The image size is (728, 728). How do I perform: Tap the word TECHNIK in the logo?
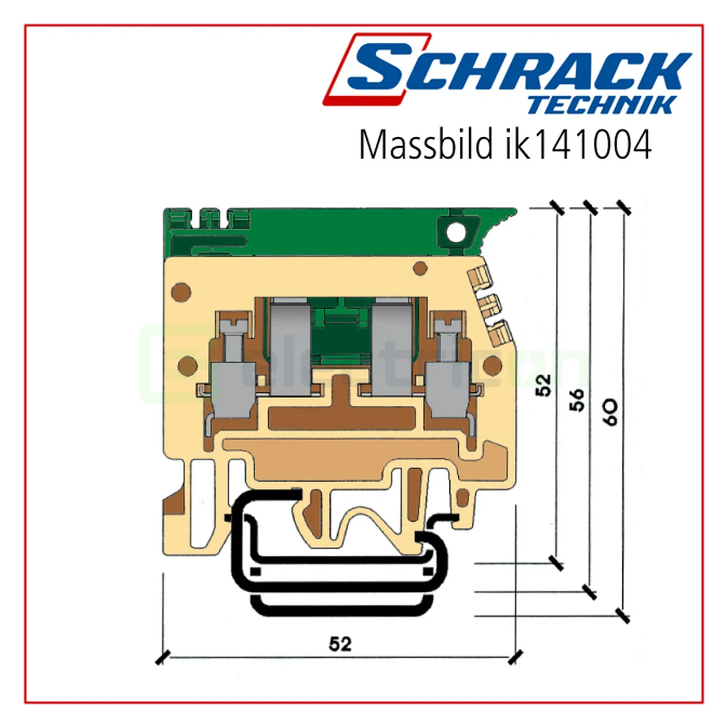(x=602, y=105)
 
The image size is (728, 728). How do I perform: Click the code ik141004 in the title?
(x=578, y=145)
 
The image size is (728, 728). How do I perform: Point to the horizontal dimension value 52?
(x=340, y=644)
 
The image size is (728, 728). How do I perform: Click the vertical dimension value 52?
(x=543, y=385)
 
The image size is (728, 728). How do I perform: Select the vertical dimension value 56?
(x=577, y=400)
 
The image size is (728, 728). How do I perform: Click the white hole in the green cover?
(x=456, y=232)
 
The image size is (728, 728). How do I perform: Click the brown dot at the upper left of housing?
(x=181, y=292)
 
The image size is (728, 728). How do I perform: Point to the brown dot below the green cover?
(x=420, y=269)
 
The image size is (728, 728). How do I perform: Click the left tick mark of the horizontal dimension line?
(x=163, y=657)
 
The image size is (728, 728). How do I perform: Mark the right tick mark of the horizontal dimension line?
(x=515, y=657)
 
